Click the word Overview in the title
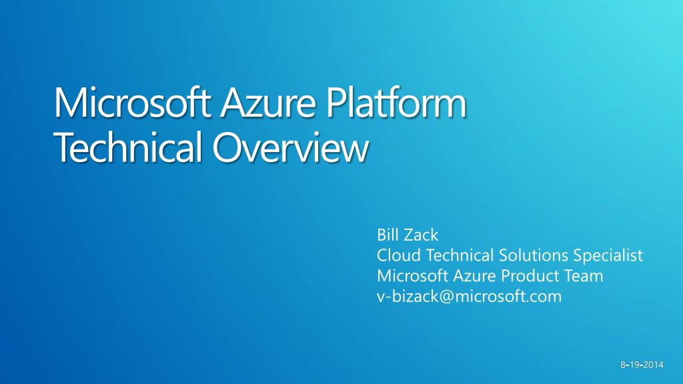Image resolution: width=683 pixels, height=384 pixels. pyautogui.click(x=289, y=148)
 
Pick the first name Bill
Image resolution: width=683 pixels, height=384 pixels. pyautogui.click(x=388, y=235)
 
